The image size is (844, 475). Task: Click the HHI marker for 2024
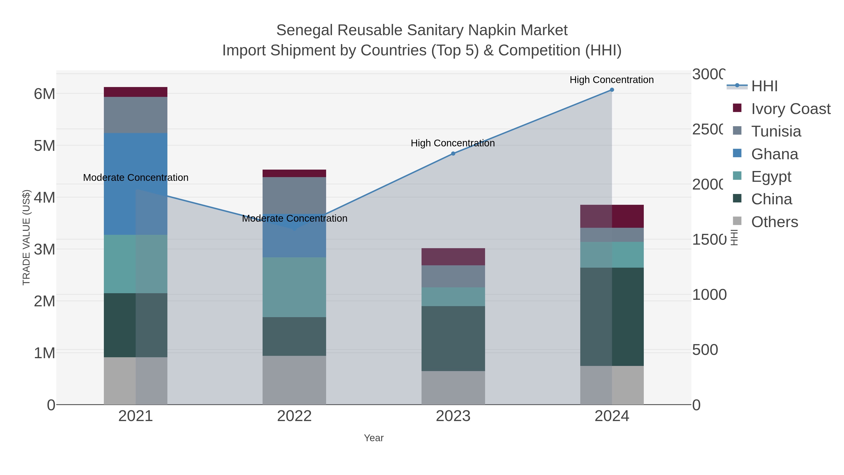612,90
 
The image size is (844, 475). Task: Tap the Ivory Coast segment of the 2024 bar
612,216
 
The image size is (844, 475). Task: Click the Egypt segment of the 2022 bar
294,287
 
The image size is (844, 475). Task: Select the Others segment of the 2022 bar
294,380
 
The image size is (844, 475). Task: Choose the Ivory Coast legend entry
790,109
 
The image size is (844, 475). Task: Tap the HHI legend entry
764,86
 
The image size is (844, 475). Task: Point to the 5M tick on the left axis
45,145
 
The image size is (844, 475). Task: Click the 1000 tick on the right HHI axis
709,295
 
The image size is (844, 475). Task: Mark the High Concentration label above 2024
611,80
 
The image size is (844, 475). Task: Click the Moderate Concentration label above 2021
136,178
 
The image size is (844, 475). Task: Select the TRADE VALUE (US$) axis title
26,237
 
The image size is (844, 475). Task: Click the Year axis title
373,438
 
